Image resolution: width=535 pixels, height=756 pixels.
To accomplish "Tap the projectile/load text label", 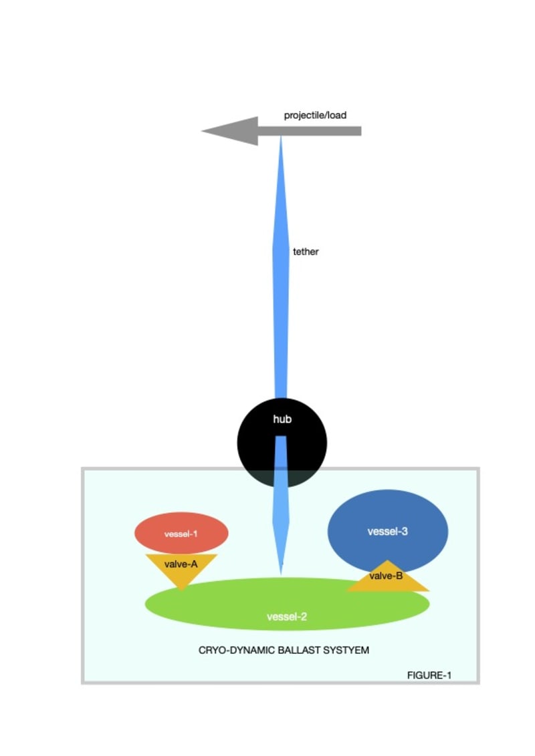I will [315, 116].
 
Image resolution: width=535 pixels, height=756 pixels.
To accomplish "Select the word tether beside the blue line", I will [306, 252].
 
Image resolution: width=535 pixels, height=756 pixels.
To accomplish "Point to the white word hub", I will [282, 419].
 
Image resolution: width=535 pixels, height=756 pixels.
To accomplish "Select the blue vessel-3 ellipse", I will [388, 514].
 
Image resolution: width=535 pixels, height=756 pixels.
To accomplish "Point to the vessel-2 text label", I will [287, 616].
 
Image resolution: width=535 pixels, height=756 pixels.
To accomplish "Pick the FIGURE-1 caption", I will [429, 675].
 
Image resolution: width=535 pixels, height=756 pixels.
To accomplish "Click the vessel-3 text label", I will [388, 532].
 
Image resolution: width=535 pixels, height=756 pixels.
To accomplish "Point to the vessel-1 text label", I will [181, 534].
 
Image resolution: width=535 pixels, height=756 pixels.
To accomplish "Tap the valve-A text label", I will [181, 564].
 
